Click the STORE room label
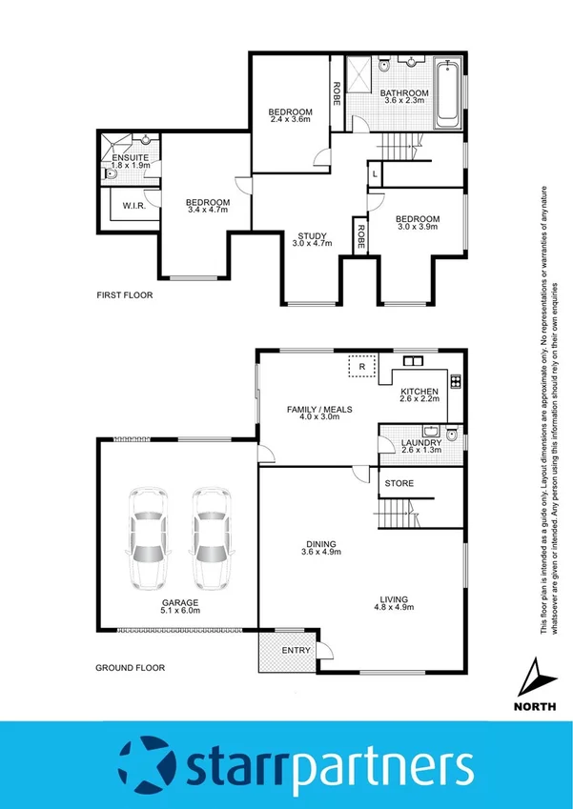pyautogui.click(x=399, y=483)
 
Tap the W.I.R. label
pyautogui.click(x=133, y=205)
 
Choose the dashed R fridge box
pyautogui.click(x=362, y=364)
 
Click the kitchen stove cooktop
pyautogui.click(x=455, y=383)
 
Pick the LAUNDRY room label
pyautogui.click(x=421, y=442)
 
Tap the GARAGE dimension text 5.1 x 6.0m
pyautogui.click(x=179, y=613)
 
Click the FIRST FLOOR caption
pyautogui.click(x=125, y=295)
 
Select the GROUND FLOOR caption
pyautogui.click(x=130, y=668)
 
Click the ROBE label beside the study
pyautogui.click(x=359, y=235)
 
